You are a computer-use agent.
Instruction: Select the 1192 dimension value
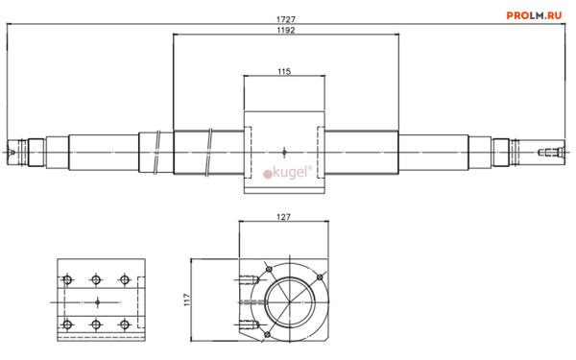click(285, 31)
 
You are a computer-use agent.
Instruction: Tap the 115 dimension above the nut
click(284, 72)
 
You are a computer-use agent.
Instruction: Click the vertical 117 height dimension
click(186, 300)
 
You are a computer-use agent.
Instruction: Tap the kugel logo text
click(290, 176)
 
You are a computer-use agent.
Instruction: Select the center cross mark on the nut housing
click(286, 151)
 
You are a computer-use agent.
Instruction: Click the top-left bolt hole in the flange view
click(67, 279)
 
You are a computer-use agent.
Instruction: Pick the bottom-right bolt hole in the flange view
click(124, 325)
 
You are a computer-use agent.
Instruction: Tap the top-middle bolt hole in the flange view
click(96, 279)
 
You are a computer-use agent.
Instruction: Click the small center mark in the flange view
click(96, 301)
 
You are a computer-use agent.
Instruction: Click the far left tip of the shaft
click(9, 151)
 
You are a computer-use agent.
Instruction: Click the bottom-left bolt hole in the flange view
click(67, 325)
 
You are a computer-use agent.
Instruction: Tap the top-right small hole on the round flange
click(316, 276)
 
